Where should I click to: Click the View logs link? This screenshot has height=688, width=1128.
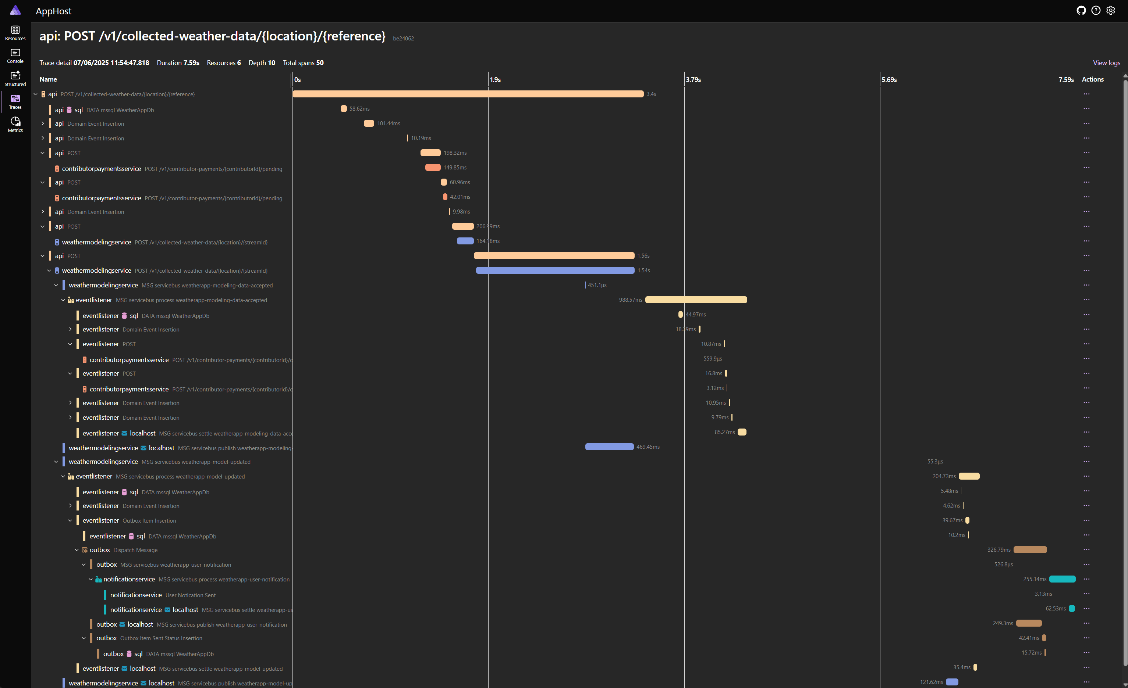pyautogui.click(x=1106, y=63)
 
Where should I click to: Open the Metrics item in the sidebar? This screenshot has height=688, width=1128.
pyautogui.click(x=15, y=124)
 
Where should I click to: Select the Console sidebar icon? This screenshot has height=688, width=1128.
pyautogui.click(x=15, y=55)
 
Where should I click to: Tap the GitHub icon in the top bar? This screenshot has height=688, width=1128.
pyautogui.click(x=1081, y=11)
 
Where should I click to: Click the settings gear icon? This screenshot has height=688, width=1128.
pyautogui.click(x=1111, y=11)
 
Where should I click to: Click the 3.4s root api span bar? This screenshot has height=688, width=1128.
pyautogui.click(x=468, y=94)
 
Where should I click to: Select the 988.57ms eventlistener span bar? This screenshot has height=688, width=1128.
pyautogui.click(x=696, y=300)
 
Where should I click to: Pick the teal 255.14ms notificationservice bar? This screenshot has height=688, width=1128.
pyautogui.click(x=1062, y=579)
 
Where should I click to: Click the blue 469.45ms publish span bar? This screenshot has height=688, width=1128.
pyautogui.click(x=609, y=447)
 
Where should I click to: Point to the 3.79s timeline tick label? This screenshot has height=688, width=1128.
pyautogui.click(x=693, y=80)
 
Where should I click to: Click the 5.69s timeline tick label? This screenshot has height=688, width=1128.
pyautogui.click(x=889, y=80)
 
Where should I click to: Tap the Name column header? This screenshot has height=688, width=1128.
pyautogui.click(x=48, y=79)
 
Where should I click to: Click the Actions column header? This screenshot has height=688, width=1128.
pyautogui.click(x=1092, y=79)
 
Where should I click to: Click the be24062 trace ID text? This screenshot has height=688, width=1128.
pyautogui.click(x=403, y=39)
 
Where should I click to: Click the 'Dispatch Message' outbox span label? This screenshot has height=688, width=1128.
pyautogui.click(x=135, y=550)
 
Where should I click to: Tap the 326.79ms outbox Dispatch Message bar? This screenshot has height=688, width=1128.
pyautogui.click(x=1030, y=549)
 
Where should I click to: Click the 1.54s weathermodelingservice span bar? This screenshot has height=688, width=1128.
pyautogui.click(x=555, y=270)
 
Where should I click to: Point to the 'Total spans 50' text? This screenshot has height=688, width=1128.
pyautogui.click(x=303, y=63)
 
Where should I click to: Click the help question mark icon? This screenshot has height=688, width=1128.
pyautogui.click(x=1096, y=11)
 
